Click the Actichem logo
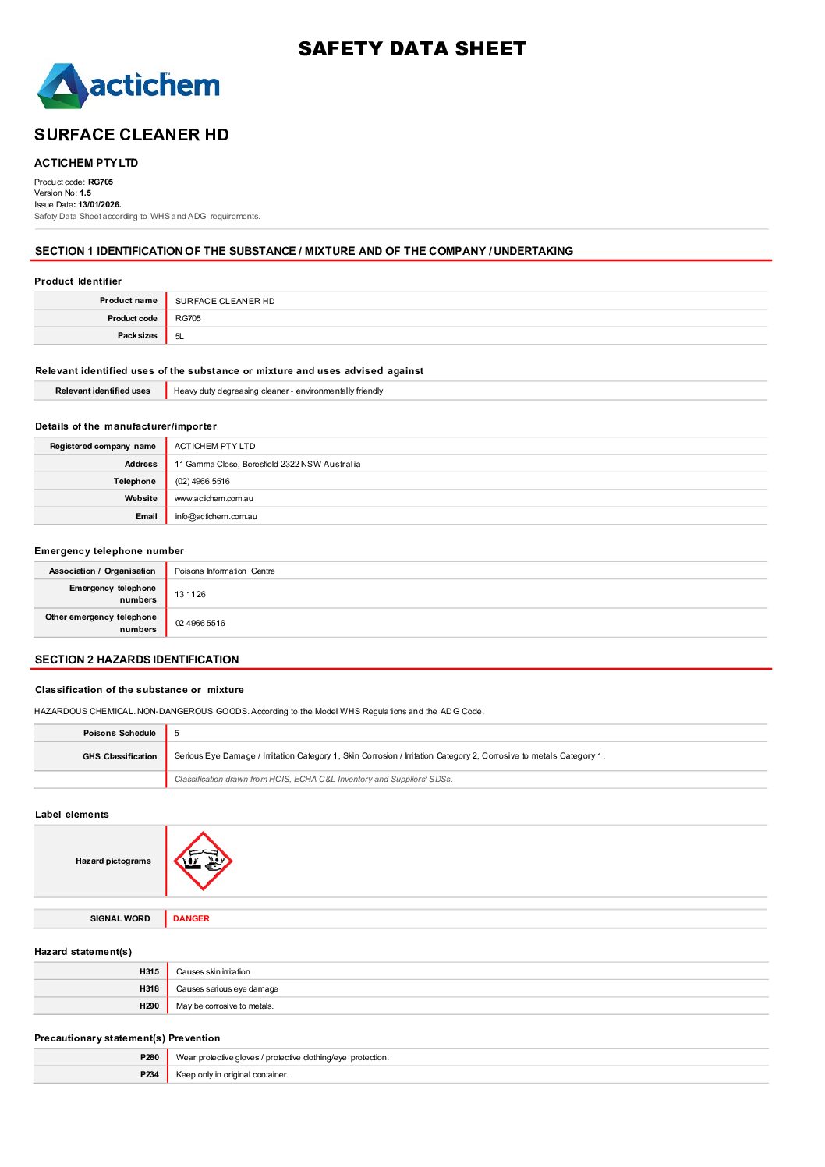pyautogui.click(x=129, y=86)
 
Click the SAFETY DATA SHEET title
pyautogui.click(x=412, y=49)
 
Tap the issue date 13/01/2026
pyautogui.click(x=99, y=205)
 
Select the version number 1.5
pyautogui.click(x=85, y=193)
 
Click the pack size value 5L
pyautogui.click(x=179, y=337)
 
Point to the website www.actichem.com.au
pyautogui.click(x=214, y=499)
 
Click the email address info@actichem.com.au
pyautogui.click(x=216, y=517)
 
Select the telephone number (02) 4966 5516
pyautogui.click(x=202, y=482)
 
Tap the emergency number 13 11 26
pyautogui.click(x=190, y=595)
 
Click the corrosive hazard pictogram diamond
pyautogui.click(x=203, y=861)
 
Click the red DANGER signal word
pyautogui.click(x=191, y=919)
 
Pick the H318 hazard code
pyautogui.click(x=149, y=989)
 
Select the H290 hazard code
pyautogui.click(x=149, y=1006)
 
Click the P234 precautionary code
pyautogui.click(x=150, y=1075)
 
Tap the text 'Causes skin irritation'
pyautogui.click(x=213, y=972)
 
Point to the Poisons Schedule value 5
pyautogui.click(x=177, y=734)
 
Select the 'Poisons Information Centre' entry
pyautogui.click(x=225, y=571)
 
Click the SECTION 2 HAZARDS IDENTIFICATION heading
pyautogui.click(x=137, y=660)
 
